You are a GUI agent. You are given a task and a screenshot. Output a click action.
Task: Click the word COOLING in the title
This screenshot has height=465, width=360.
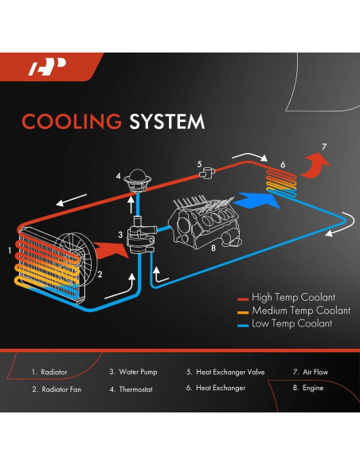(x=69, y=121)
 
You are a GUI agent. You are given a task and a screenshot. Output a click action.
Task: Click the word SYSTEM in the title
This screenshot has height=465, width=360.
(x=164, y=121)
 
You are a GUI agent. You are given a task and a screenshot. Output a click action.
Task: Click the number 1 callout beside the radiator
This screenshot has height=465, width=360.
(x=10, y=250)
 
